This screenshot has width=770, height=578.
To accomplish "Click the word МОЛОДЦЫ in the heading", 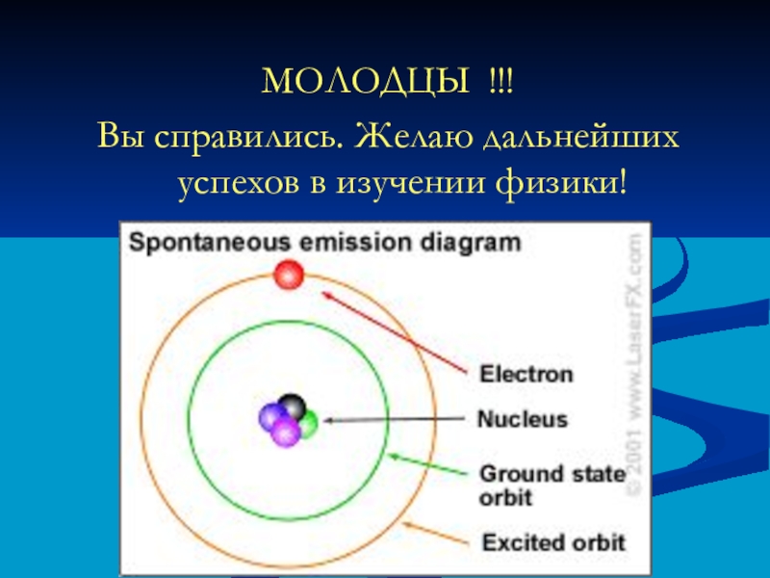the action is (x=366, y=81).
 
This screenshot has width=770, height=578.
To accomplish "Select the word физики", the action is (x=561, y=185).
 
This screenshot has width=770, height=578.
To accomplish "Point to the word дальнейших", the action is (x=581, y=137).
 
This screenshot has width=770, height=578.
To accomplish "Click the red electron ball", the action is (x=289, y=275).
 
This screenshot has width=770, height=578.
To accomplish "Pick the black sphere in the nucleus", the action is (x=292, y=406).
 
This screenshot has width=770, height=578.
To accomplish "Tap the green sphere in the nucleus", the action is (x=309, y=424).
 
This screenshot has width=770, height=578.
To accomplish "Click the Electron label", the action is (x=526, y=374).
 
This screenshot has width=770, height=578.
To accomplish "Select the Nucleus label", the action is (x=523, y=419).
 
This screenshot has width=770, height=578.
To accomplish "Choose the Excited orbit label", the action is (x=553, y=542).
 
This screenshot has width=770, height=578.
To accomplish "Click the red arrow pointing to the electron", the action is (x=395, y=332).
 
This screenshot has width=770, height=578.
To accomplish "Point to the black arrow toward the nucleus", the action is (x=395, y=420).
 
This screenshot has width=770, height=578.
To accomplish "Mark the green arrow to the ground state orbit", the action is (x=428, y=464).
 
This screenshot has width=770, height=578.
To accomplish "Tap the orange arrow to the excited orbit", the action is (x=435, y=534).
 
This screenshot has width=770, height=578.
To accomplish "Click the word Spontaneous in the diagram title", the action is (x=209, y=244).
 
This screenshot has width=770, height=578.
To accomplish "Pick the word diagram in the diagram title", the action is (x=471, y=244).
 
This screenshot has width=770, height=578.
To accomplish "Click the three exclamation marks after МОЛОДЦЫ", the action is (x=500, y=81).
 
